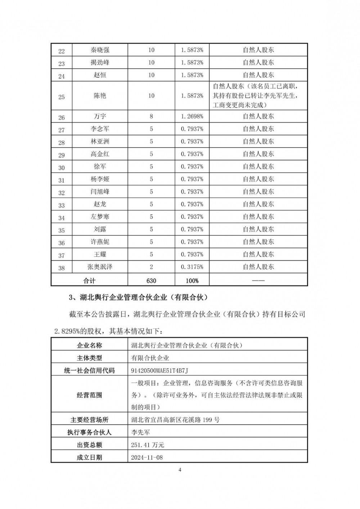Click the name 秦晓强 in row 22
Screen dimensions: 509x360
point(100,50)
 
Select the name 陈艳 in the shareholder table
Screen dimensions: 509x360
point(100,96)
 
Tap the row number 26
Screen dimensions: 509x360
point(62,117)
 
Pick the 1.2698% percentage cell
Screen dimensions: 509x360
point(192,116)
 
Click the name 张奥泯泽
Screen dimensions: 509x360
point(100,267)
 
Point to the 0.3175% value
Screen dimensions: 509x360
point(192,267)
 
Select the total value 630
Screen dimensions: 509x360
point(151,280)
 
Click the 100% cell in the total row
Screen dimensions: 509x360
point(192,280)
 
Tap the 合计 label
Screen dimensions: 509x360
point(89,280)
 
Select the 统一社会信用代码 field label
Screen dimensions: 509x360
point(89,370)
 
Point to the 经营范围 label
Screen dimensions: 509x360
point(89,395)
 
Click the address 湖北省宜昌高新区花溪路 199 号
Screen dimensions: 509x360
point(175,420)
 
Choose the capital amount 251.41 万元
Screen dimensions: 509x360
point(148,445)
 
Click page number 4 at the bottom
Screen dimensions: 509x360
point(180,470)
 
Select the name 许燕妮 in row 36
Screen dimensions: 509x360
point(100,242)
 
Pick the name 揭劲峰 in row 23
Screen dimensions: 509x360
point(100,62)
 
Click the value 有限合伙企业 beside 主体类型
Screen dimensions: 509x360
point(150,358)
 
